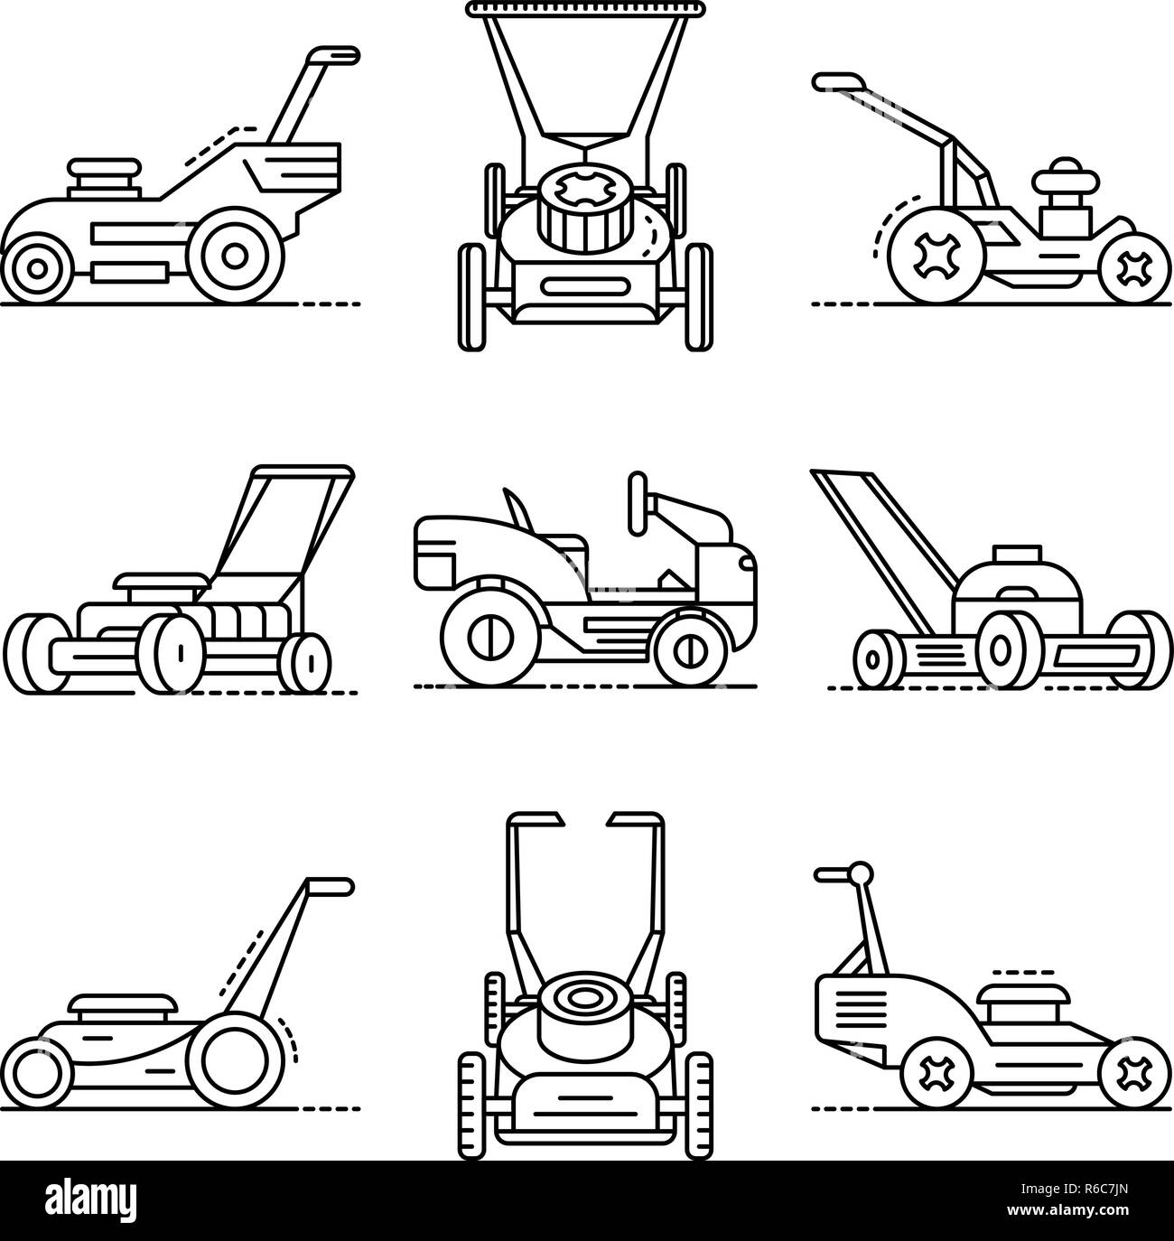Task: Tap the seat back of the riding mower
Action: [x=516, y=510]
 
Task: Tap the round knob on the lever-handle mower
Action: [x=862, y=872]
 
